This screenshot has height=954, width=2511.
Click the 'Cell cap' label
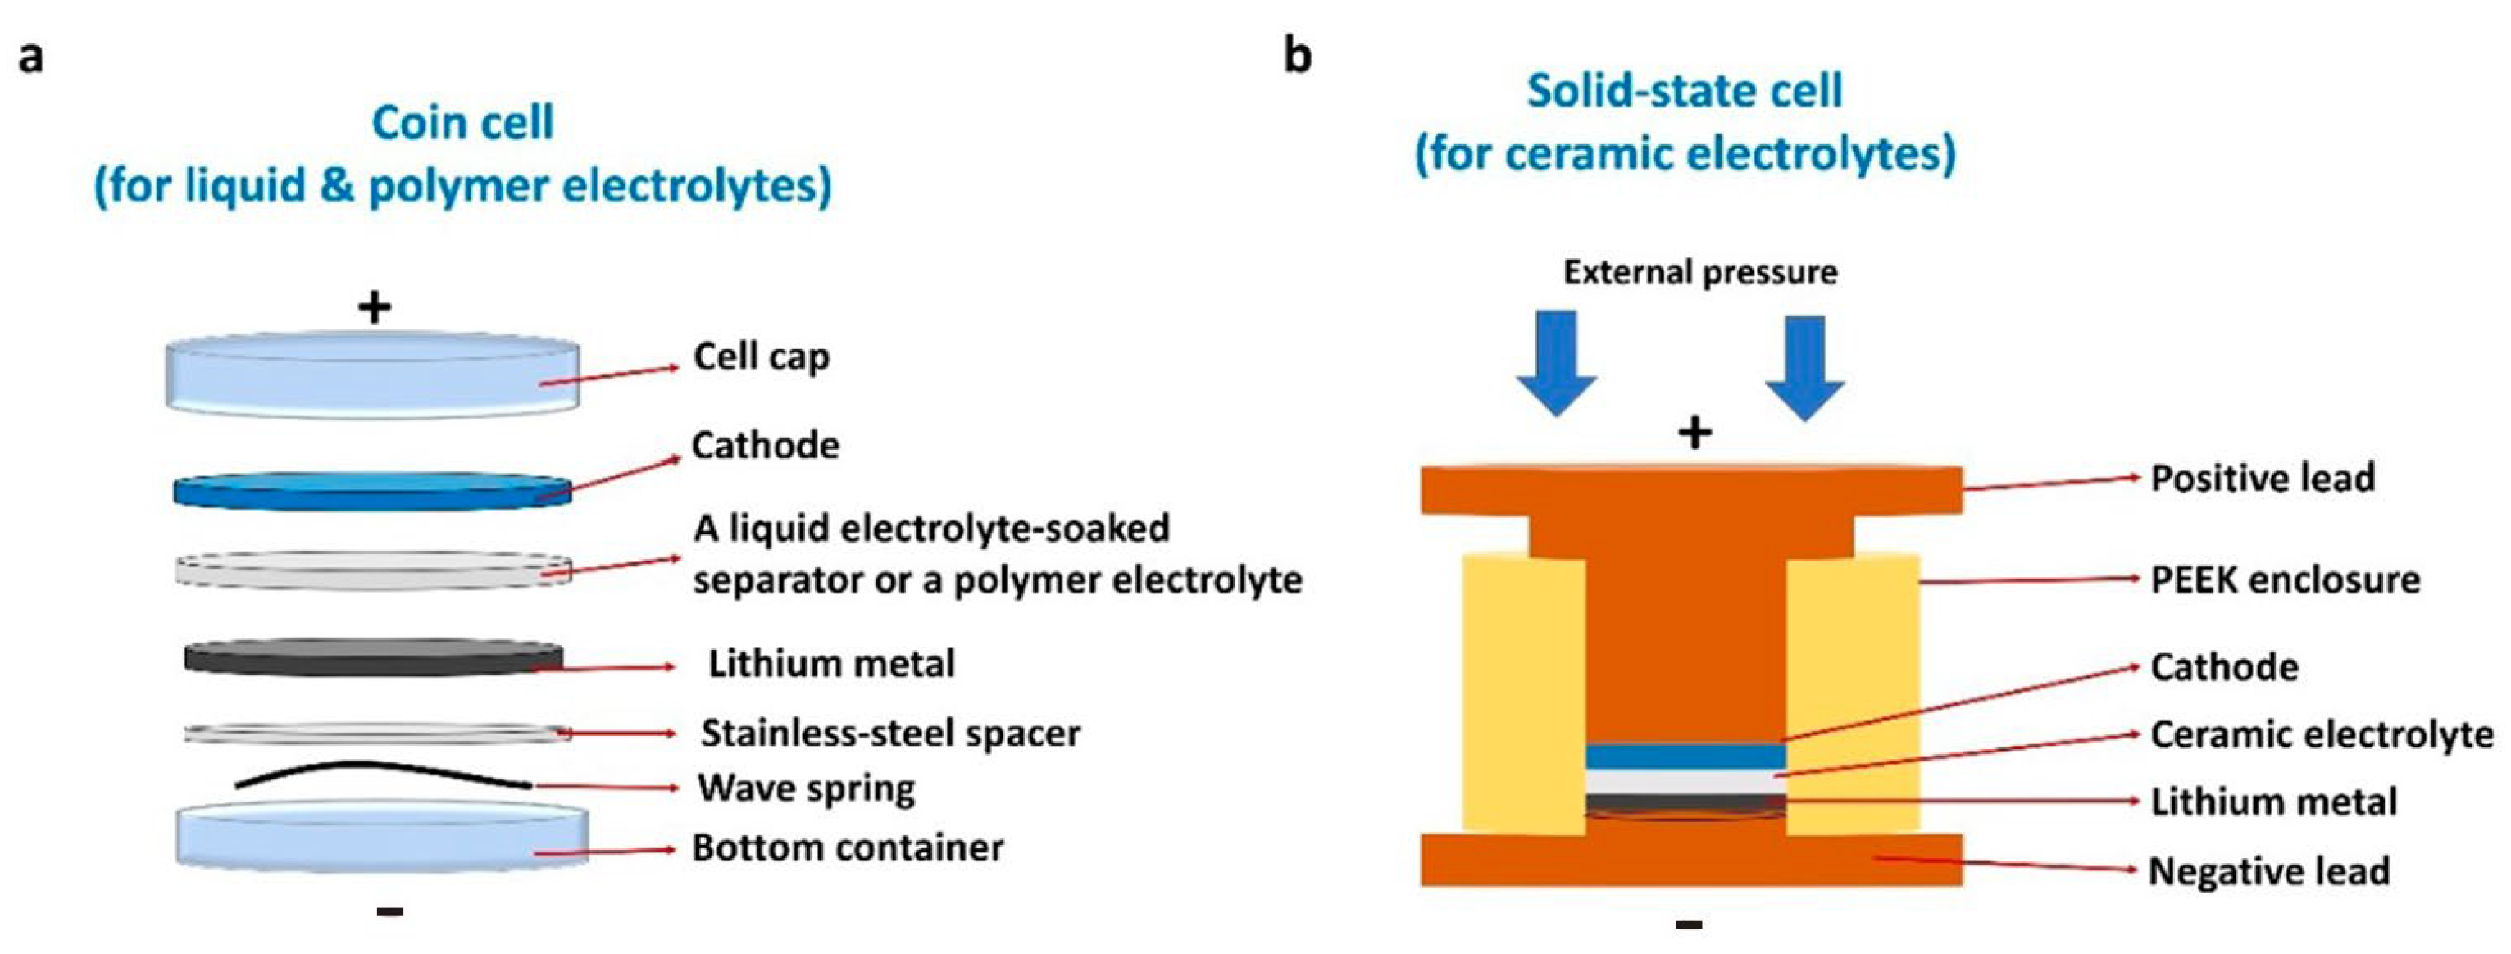762,357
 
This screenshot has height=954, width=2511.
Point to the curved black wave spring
380,775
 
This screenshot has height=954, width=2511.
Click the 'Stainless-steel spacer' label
890,733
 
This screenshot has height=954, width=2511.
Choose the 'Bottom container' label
847,847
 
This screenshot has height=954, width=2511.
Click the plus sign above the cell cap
375,308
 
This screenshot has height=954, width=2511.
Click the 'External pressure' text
1700,272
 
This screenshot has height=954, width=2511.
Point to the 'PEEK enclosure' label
2285,579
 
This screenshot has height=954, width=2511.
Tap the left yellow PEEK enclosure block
1523,692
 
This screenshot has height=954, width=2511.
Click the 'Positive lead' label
2263,479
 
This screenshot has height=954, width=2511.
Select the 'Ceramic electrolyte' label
2321,734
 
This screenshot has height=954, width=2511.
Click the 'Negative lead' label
2269,871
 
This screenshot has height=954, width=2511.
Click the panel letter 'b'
1298,57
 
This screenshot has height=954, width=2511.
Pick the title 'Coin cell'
463,124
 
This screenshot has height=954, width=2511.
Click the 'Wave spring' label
806,788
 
